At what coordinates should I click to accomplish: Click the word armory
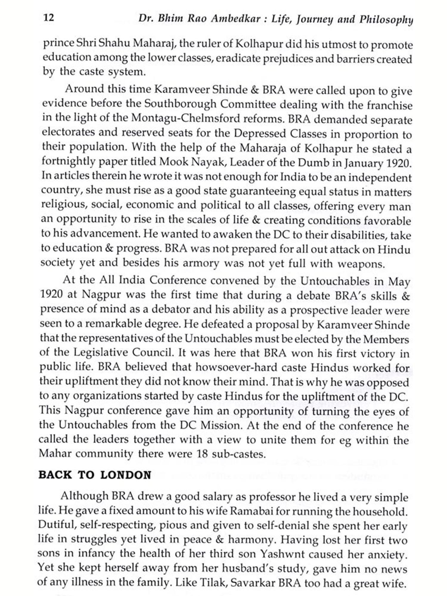click(x=201, y=263)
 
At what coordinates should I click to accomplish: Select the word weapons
click(x=361, y=264)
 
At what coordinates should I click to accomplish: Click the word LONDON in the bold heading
click(x=126, y=475)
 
